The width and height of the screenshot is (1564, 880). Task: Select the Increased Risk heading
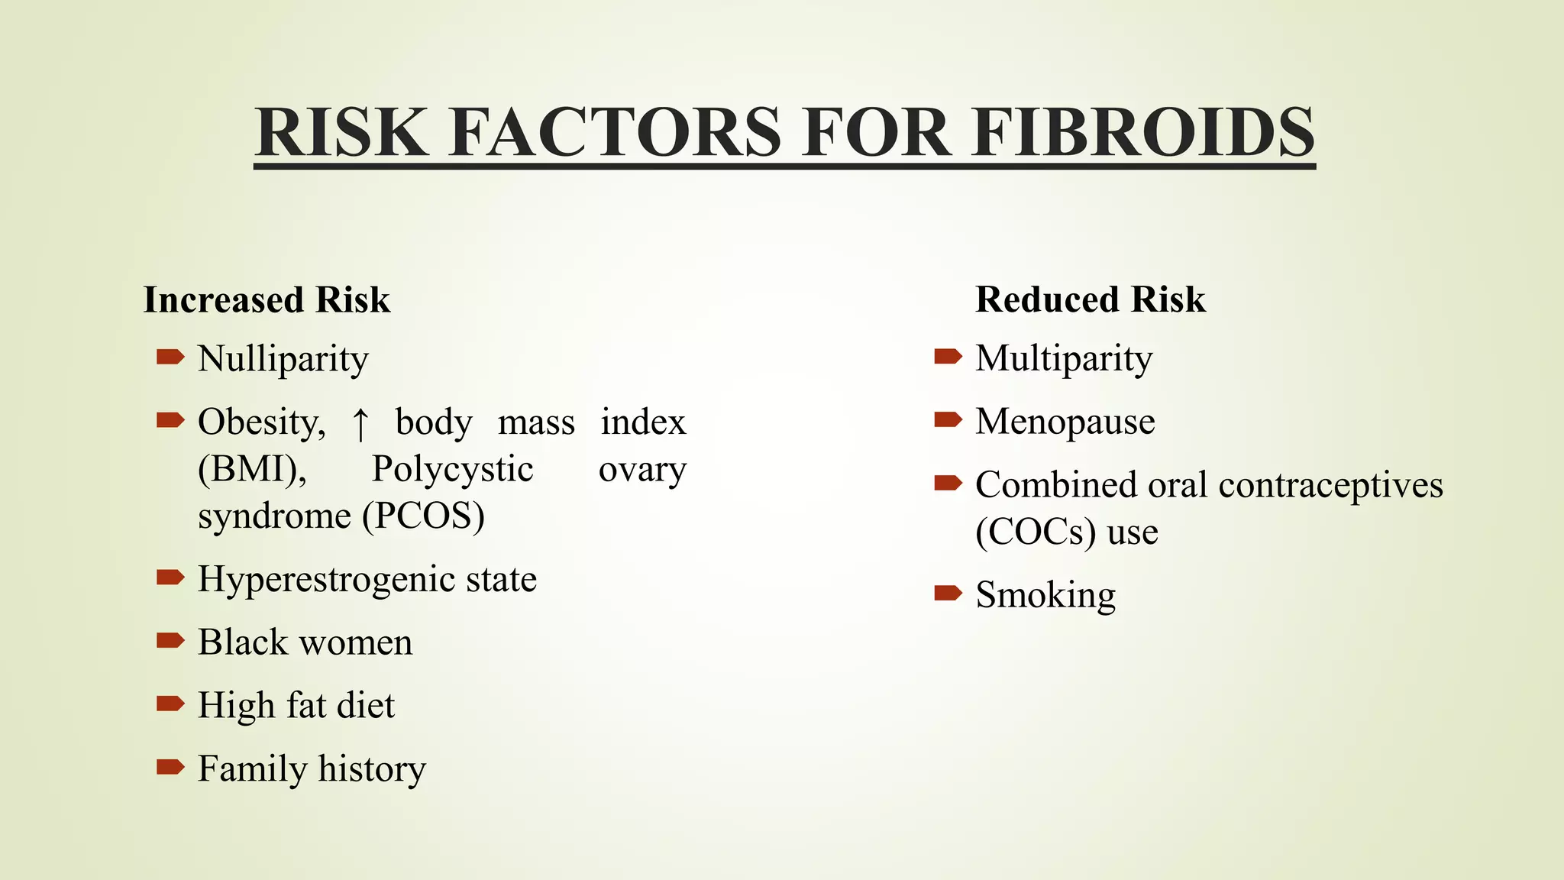(267, 299)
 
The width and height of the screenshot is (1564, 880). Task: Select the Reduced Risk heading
(1091, 299)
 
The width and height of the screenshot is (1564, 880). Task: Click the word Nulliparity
(283, 359)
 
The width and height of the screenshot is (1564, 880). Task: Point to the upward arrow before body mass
(360, 424)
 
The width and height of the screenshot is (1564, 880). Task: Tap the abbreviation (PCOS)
(423, 516)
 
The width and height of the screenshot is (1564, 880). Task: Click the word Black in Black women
(242, 642)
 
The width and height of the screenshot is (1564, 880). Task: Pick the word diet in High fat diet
(366, 705)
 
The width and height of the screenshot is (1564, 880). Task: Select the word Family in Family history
(251, 769)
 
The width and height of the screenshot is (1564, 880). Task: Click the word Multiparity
(1064, 359)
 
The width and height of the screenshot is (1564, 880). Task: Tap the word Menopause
(1065, 422)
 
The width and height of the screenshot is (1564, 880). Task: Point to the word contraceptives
(1330, 486)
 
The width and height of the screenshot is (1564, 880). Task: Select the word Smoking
(1045, 596)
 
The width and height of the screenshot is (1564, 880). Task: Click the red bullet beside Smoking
(948, 593)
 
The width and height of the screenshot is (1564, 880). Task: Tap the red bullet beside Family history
(170, 766)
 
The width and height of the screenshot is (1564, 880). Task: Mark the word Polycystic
(452, 469)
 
